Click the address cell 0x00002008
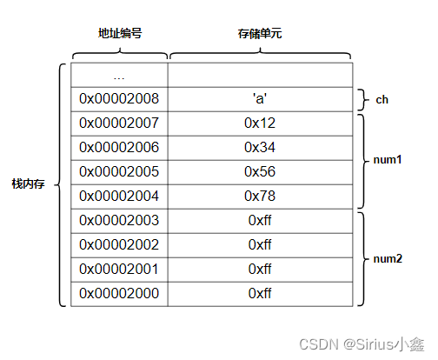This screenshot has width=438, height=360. [x=119, y=99]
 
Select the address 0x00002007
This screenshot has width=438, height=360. [x=119, y=123]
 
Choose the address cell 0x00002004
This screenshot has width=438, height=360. [x=119, y=197]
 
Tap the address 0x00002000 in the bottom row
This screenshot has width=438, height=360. [x=119, y=294]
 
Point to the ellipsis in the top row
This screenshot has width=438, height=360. [x=119, y=76]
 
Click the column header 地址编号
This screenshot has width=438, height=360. [x=120, y=34]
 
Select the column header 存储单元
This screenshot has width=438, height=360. [x=259, y=34]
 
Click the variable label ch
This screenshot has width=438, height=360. [x=381, y=100]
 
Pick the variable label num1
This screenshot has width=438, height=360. [x=388, y=160]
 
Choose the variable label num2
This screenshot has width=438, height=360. [x=388, y=257]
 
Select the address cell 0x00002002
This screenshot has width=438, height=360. [x=119, y=245]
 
